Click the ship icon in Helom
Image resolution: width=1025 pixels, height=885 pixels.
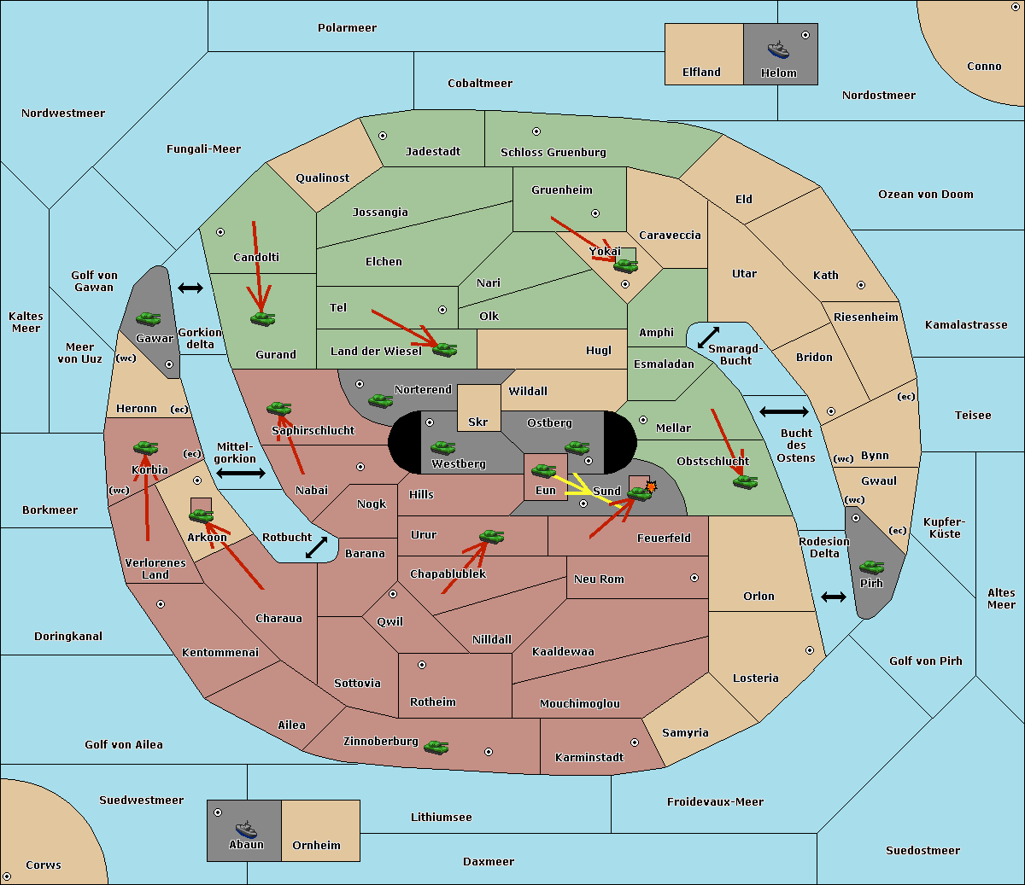click(x=778, y=49)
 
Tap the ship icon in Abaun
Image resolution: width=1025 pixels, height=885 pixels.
click(x=246, y=829)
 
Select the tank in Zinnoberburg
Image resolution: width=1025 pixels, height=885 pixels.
click(x=436, y=748)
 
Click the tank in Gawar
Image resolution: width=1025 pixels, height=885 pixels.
click(x=149, y=318)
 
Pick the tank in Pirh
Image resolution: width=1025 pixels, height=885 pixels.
click(x=871, y=567)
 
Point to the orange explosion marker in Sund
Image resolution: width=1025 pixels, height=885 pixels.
click(x=651, y=486)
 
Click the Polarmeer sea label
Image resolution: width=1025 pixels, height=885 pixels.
click(x=347, y=28)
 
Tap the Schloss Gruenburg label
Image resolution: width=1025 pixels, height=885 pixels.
click(x=553, y=152)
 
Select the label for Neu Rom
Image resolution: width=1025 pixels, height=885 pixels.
click(x=599, y=579)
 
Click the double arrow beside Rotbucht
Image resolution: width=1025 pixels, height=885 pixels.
click(x=316, y=547)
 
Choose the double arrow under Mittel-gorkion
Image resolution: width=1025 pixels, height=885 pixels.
click(x=241, y=473)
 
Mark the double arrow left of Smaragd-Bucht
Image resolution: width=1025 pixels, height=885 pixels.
click(x=708, y=337)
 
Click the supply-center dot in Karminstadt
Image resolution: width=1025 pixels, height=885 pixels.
click(x=635, y=742)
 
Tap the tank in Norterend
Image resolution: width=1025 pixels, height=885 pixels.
click(x=380, y=400)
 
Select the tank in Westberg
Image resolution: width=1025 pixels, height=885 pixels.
click(x=442, y=447)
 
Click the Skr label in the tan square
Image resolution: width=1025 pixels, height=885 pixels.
click(x=478, y=422)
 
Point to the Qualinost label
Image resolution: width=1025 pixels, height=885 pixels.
click(x=322, y=178)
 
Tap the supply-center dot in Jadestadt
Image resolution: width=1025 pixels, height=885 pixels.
click(x=383, y=136)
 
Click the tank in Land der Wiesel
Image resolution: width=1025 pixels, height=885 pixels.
click(x=444, y=349)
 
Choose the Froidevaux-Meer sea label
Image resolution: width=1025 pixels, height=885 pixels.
click(x=715, y=801)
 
